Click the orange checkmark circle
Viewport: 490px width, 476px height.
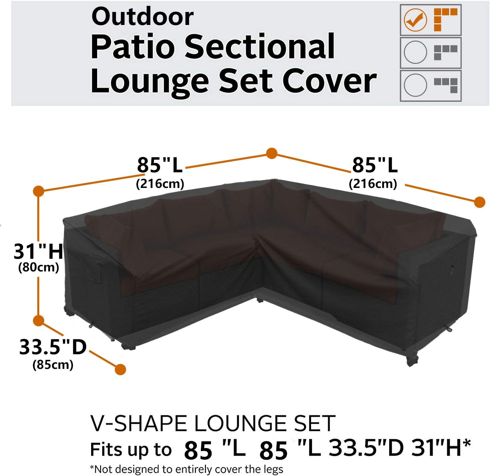(415, 20)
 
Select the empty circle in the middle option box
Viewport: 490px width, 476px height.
(415, 52)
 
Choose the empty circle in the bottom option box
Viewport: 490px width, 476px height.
(415, 85)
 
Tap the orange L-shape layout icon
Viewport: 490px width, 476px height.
(445, 19)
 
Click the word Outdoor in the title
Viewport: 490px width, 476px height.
(142, 17)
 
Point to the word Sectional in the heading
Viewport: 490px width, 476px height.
(259, 47)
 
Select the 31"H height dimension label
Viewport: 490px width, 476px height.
(38, 251)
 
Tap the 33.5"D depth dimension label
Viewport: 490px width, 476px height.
(53, 347)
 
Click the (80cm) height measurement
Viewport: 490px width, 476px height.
(39, 267)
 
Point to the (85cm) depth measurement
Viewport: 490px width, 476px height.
(53, 365)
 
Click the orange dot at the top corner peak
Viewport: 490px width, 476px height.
(272, 153)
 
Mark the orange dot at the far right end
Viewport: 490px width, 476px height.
(479, 202)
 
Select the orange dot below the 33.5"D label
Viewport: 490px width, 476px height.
(120, 369)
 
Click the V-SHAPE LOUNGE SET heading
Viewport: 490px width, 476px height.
(213, 423)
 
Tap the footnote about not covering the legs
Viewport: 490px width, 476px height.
(186, 469)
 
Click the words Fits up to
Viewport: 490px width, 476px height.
(131, 450)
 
